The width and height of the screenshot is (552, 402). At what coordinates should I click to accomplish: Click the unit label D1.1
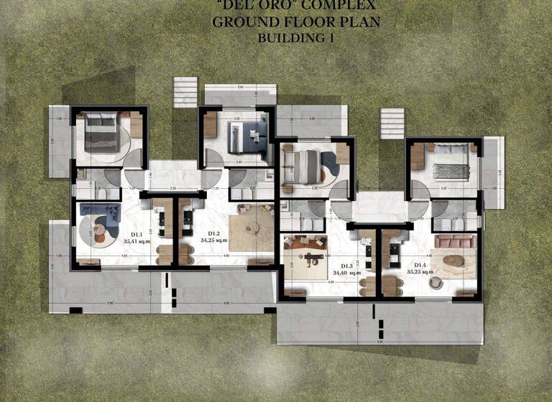[136, 235]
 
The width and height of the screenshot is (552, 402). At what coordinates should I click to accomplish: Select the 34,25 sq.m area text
[214, 240]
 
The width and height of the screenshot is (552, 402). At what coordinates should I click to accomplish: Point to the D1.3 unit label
[346, 266]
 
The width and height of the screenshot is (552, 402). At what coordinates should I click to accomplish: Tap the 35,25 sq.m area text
[418, 273]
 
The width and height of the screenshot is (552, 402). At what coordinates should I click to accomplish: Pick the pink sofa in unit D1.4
[455, 241]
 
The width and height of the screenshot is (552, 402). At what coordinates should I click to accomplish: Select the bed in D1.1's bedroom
[103, 134]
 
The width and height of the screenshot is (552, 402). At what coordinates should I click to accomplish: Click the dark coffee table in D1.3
[314, 256]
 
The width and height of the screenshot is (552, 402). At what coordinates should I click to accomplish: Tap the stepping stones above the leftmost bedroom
[185, 92]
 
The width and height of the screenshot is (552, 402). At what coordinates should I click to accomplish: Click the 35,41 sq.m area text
[136, 242]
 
